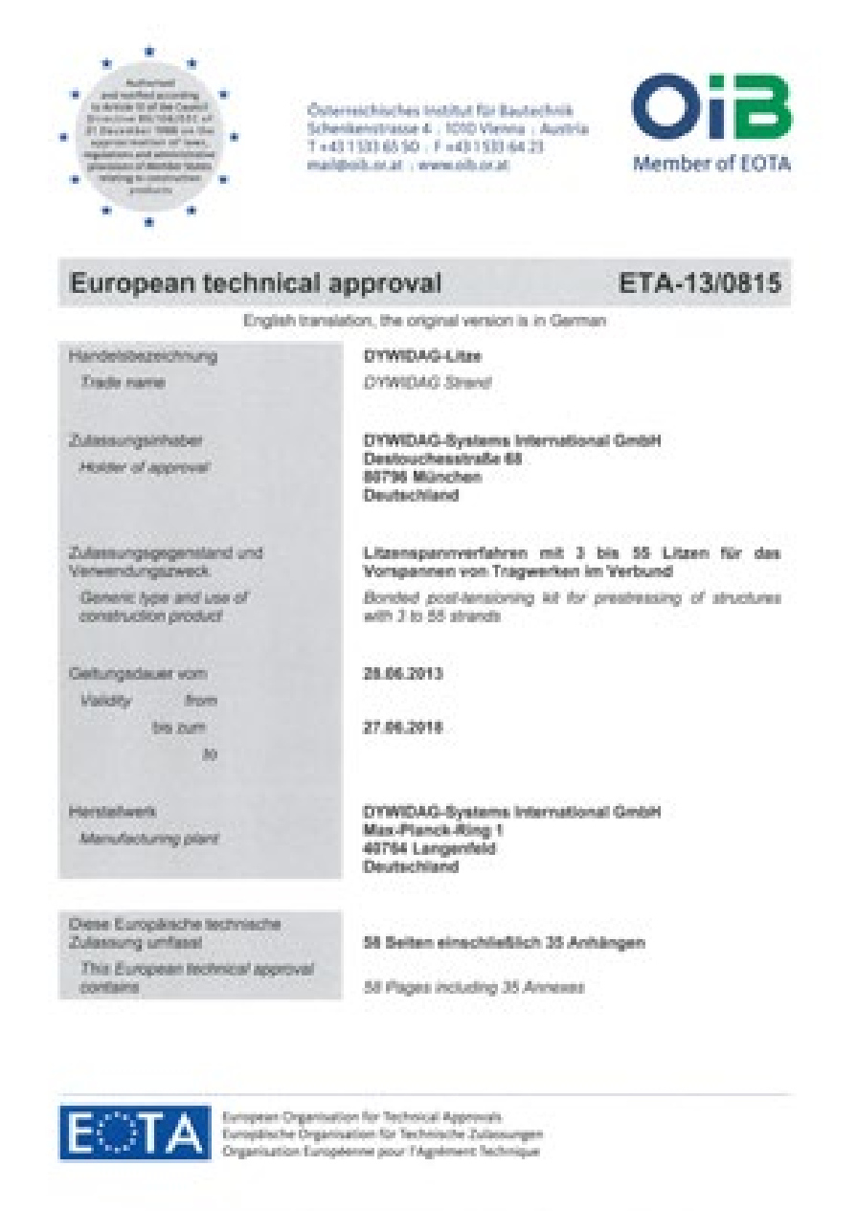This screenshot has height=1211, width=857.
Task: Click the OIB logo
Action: tap(710, 107)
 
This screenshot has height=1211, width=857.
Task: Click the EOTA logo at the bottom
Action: tap(134, 1133)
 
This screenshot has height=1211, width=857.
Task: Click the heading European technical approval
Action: tap(256, 283)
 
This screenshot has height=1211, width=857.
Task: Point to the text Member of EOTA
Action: tap(711, 164)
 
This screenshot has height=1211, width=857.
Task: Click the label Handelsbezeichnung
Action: tap(143, 357)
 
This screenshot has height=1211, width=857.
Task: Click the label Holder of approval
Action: tap(145, 467)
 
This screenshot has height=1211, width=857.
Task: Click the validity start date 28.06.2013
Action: tap(403, 674)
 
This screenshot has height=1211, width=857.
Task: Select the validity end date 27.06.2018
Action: tap(403, 728)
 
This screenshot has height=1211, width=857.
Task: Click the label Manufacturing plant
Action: tap(148, 839)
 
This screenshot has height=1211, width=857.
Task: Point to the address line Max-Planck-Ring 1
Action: tap(433, 830)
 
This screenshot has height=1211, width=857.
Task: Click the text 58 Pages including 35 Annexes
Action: tap(474, 987)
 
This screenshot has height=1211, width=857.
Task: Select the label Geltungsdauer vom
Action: tap(137, 674)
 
